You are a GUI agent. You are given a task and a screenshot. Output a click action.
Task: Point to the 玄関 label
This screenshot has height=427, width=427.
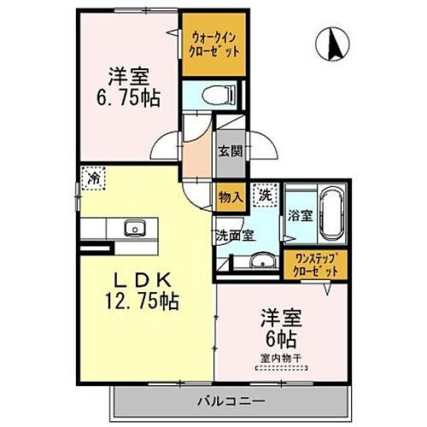[230, 153]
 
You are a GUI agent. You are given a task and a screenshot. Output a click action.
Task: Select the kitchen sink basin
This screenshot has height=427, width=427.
[133, 228]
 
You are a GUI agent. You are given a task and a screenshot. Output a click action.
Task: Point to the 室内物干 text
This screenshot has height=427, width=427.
[283, 358]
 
